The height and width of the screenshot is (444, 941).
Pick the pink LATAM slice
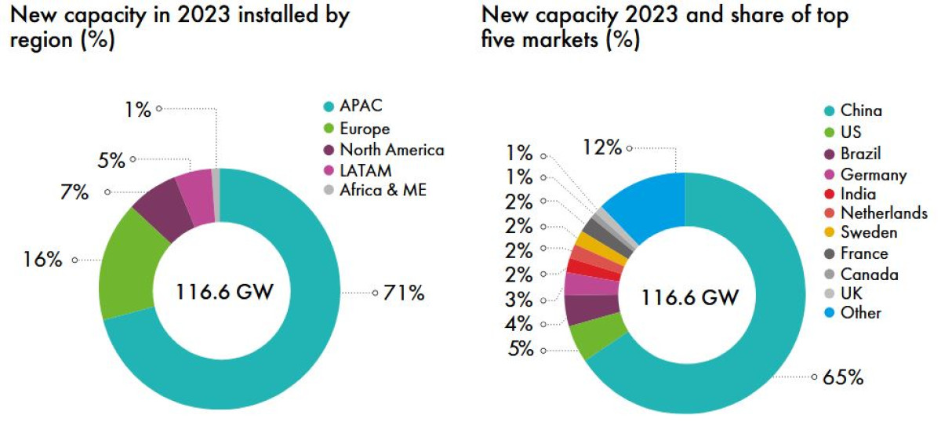[195, 187]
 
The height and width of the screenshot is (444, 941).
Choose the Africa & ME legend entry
[383, 189]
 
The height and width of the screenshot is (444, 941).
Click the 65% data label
[844, 377]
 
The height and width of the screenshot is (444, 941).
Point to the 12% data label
[603, 147]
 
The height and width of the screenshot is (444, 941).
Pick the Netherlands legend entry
[884, 213]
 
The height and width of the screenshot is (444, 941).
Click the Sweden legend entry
[869, 233]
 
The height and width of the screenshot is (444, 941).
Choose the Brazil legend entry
[860, 153]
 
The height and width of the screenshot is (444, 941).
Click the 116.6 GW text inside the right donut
[689, 298]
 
